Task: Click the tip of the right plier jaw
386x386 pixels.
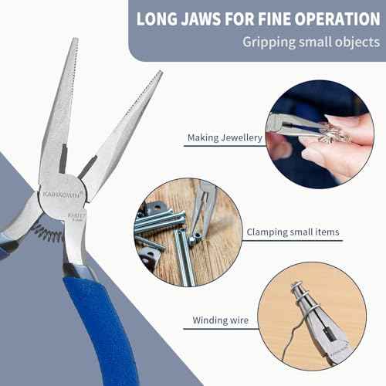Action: tap(158, 77)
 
